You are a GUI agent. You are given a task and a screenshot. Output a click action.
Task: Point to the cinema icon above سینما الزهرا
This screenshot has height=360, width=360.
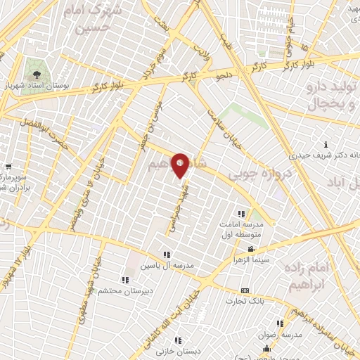coord(250,250)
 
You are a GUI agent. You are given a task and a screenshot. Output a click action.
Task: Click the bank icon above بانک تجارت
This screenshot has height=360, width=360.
coord(245,290)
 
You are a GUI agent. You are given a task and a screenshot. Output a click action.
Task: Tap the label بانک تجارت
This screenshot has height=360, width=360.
coord(243,302)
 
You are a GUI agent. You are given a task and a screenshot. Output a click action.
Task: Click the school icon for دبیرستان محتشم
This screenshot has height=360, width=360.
coord(124,280)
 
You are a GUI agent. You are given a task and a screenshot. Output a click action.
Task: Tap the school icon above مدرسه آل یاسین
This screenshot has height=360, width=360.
coord(167,255)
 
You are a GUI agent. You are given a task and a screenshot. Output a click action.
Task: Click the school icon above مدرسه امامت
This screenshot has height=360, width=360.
coord(242,214)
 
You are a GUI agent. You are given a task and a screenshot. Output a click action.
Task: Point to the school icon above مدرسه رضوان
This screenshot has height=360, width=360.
coord(280,324)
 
